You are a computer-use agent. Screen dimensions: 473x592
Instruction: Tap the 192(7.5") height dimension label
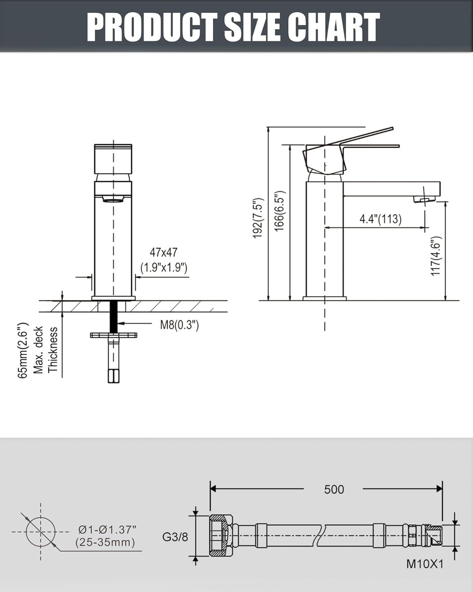258,218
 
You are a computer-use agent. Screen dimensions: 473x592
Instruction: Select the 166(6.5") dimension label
280,211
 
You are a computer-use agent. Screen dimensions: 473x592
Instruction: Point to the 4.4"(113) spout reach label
381,219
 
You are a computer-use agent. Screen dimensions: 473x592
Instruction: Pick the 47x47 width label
163,252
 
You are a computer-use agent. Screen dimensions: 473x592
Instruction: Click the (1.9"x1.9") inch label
164,267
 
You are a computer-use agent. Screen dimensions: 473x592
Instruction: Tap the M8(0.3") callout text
179,325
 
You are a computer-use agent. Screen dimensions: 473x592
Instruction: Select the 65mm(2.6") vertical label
23,350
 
